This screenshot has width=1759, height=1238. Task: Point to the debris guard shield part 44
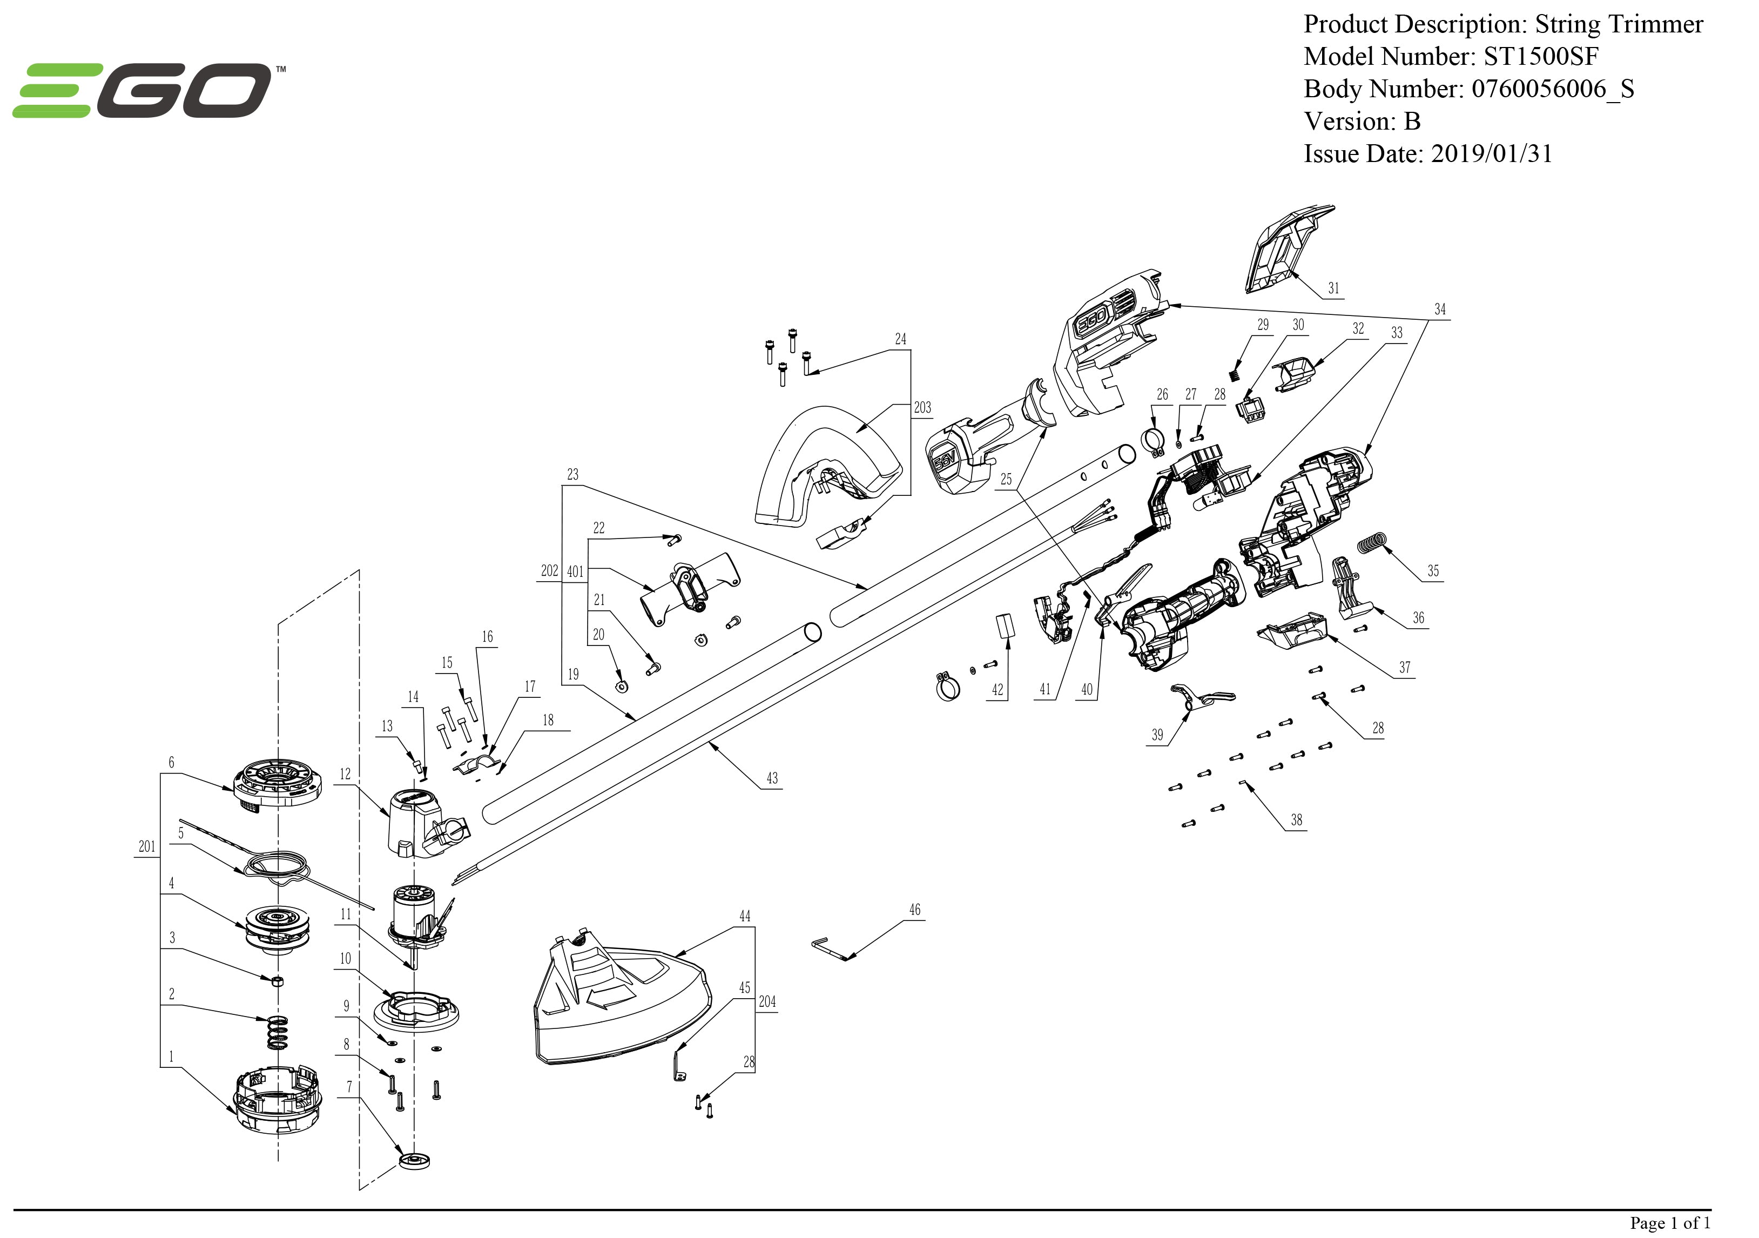click(x=621, y=1004)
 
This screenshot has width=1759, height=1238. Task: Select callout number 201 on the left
click(x=146, y=846)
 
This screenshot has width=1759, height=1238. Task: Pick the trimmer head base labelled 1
click(x=277, y=1099)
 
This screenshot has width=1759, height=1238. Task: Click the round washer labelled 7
click(x=414, y=1161)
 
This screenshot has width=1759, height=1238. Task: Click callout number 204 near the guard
click(x=766, y=1002)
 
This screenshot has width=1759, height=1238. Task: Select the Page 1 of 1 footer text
click(x=1669, y=1223)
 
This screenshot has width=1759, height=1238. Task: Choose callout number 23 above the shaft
click(x=572, y=475)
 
